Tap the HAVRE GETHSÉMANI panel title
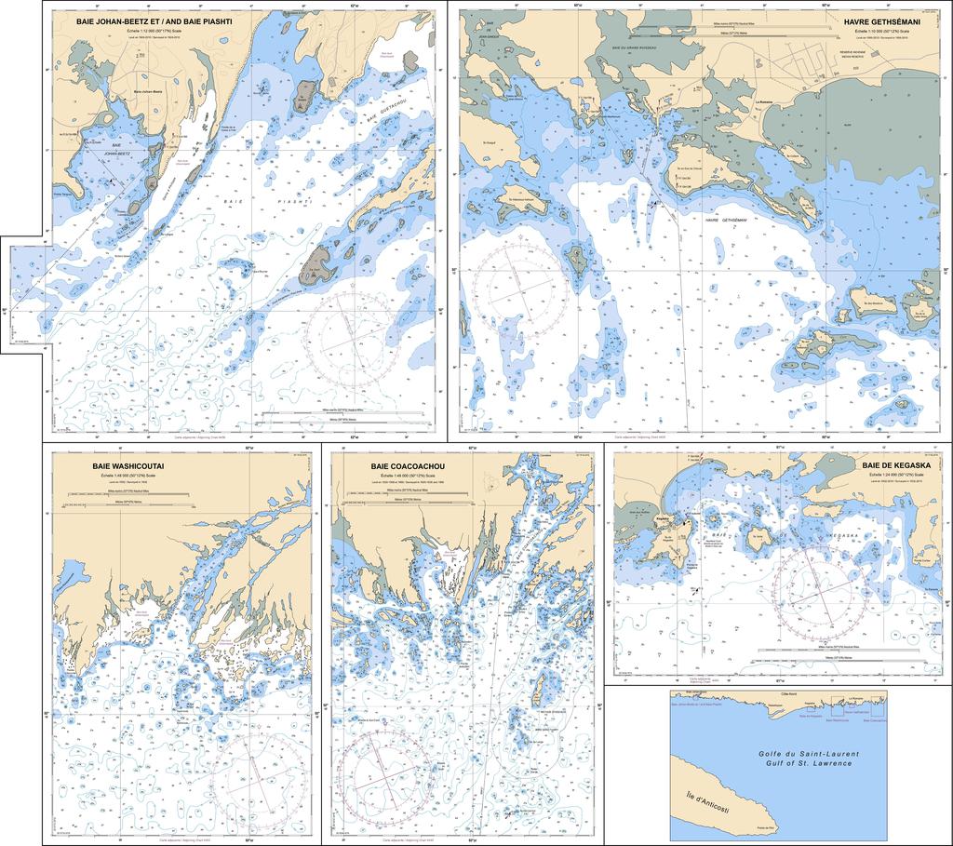[880, 20]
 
